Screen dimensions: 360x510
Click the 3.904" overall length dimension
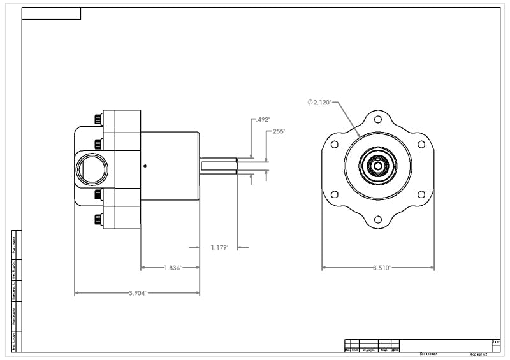click(137, 293)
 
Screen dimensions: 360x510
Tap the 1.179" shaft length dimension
click(219, 247)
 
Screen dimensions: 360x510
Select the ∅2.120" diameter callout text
click(319, 102)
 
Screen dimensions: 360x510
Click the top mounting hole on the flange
click(378, 120)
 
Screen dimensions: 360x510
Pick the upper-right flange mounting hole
click(421, 144)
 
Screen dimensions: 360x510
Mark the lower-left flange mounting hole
click(335, 196)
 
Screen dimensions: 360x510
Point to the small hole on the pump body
click(146, 166)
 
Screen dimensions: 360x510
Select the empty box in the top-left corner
click(51, 13)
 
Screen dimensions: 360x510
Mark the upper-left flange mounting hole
click(335, 144)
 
